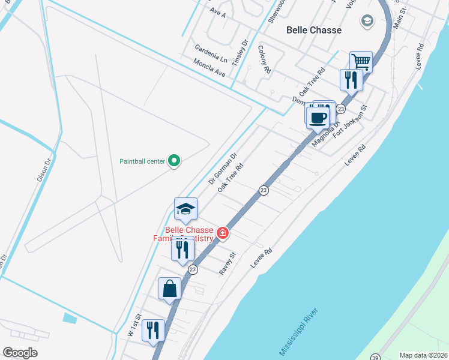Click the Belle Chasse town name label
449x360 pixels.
tap(314, 30)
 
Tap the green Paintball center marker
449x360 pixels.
tap(174, 160)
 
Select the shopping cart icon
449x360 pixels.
tap(361, 61)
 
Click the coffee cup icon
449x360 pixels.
tap(318, 116)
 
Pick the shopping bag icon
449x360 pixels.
tap(170, 289)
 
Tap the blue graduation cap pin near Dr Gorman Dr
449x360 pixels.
tap(185, 209)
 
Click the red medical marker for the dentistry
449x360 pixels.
tap(222, 233)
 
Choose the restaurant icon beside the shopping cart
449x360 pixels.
tap(350, 79)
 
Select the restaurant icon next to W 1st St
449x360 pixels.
tap(154, 330)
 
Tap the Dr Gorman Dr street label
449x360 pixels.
tap(223, 168)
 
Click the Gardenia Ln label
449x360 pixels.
tap(211, 53)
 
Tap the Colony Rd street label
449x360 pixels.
tap(264, 59)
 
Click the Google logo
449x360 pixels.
tap(20, 353)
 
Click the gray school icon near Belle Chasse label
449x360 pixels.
tap(366, 22)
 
